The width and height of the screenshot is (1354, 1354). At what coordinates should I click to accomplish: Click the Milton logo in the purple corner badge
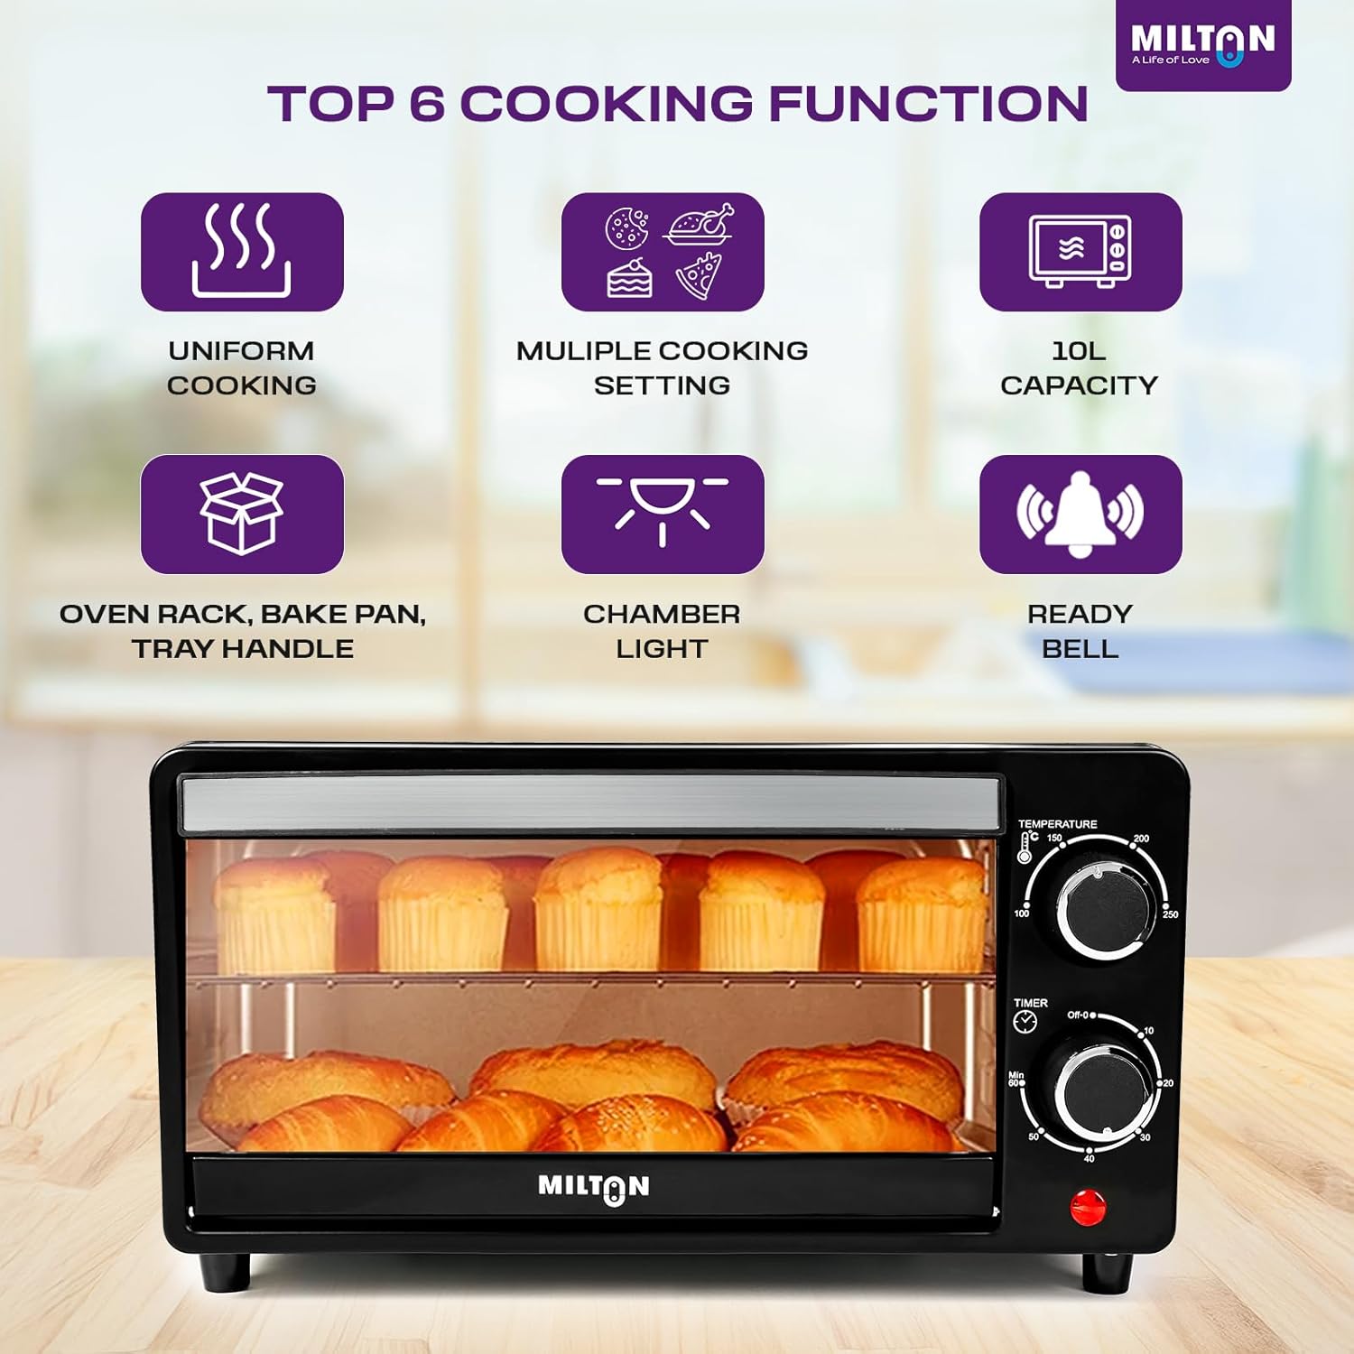[x=1202, y=43]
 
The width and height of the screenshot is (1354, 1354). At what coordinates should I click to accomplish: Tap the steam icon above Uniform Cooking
[x=242, y=252]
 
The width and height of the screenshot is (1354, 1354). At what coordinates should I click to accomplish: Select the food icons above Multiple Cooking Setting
[x=663, y=252]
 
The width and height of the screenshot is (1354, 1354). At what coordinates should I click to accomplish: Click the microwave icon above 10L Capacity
[x=1080, y=252]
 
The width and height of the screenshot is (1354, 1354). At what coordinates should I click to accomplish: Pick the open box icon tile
[x=242, y=514]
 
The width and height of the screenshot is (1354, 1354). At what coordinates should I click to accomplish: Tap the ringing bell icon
[x=1080, y=514]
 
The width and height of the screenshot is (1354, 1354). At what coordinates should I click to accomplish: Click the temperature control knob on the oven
[x=1105, y=911]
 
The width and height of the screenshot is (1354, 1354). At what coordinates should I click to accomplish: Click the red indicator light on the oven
[x=1088, y=1208]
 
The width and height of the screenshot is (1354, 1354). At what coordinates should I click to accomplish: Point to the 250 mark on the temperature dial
[x=1171, y=914]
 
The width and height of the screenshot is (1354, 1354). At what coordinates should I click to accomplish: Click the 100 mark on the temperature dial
[x=1021, y=913]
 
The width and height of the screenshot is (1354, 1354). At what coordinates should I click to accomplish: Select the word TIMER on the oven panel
[x=1031, y=1003]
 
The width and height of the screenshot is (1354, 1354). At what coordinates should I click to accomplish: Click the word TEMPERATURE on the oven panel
[x=1057, y=824]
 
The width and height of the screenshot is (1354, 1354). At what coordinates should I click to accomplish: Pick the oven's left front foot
[x=224, y=1271]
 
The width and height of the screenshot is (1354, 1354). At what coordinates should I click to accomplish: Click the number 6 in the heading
[x=427, y=103]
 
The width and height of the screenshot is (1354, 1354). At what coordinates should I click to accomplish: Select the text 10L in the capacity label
[x=1079, y=350]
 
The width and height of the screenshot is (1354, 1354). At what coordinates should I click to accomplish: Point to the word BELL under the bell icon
[x=1080, y=648]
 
